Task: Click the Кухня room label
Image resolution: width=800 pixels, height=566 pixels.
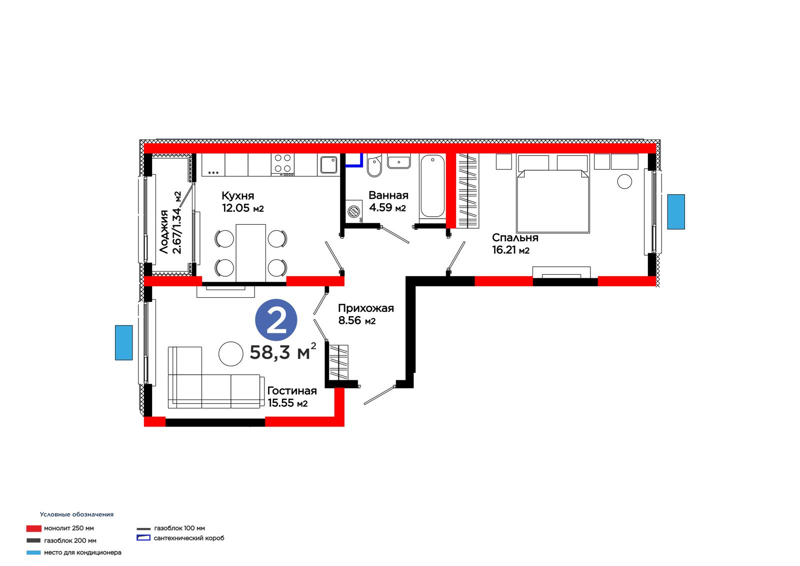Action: click(238, 196)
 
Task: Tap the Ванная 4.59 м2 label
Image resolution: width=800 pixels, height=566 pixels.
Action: click(388, 201)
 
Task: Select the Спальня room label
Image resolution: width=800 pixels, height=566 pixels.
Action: click(515, 238)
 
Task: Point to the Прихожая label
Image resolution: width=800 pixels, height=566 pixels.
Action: click(365, 308)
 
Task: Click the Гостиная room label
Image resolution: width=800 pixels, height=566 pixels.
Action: click(292, 391)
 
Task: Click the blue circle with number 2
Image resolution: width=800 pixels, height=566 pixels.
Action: click(276, 320)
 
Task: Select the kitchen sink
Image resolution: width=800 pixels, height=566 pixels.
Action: click(328, 165)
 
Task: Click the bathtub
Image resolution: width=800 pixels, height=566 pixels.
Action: click(432, 187)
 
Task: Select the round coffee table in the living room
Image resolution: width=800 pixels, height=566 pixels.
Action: click(230, 354)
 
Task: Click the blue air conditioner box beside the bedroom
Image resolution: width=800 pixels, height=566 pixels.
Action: click(676, 212)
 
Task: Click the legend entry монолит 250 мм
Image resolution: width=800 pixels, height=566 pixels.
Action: click(60, 528)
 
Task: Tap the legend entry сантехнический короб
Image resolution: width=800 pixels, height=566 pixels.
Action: click(180, 538)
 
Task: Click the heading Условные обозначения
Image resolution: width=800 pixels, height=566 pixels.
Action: click(77, 514)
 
